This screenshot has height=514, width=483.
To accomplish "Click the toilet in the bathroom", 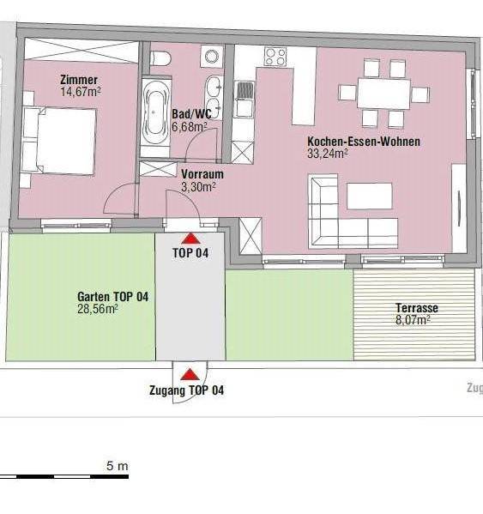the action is point(160,58).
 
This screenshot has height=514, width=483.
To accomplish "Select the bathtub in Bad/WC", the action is point(155,112).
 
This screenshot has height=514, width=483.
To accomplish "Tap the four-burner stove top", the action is point(275,57).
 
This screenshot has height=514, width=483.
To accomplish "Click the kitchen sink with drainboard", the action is point(245,100).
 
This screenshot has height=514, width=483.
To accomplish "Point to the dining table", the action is point(383,93).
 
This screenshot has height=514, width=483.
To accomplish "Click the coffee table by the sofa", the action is point(369,196).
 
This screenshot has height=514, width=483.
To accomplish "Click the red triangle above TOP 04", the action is point(190,239).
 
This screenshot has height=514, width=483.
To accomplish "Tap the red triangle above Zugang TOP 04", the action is point(190,374).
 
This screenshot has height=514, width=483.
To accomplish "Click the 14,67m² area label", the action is point(81,92).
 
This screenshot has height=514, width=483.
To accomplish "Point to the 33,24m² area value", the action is point(328,154).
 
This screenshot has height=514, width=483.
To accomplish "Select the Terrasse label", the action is point(417,308).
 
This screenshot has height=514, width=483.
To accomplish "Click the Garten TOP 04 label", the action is point(112,297).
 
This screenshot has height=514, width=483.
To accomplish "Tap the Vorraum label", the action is point(202,174).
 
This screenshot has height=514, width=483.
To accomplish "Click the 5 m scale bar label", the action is point(117,466).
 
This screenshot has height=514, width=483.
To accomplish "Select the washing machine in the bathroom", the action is point(212,56).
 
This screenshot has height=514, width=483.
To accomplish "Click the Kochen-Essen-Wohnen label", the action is point(364,142).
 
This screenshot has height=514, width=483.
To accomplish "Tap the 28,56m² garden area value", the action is point(98,309).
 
